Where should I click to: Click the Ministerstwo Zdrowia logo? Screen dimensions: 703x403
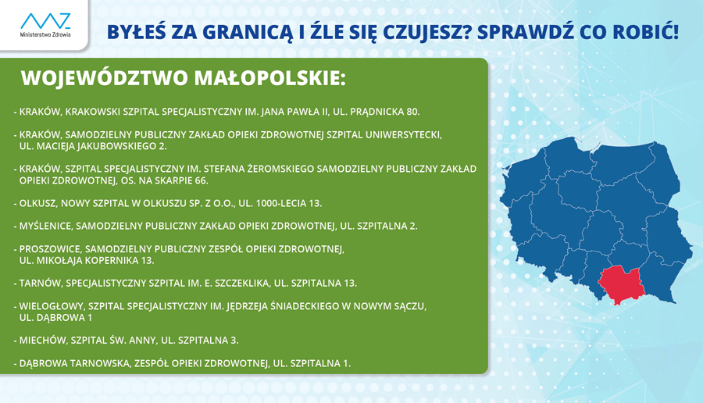[45, 25]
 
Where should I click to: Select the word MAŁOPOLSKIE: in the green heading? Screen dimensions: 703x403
[270, 78]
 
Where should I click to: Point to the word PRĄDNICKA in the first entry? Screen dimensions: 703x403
[377, 112]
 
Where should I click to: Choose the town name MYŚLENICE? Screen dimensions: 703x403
[46, 226]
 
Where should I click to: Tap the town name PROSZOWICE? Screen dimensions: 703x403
[50, 249]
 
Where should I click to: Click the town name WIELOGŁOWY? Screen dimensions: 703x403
[52, 307]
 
